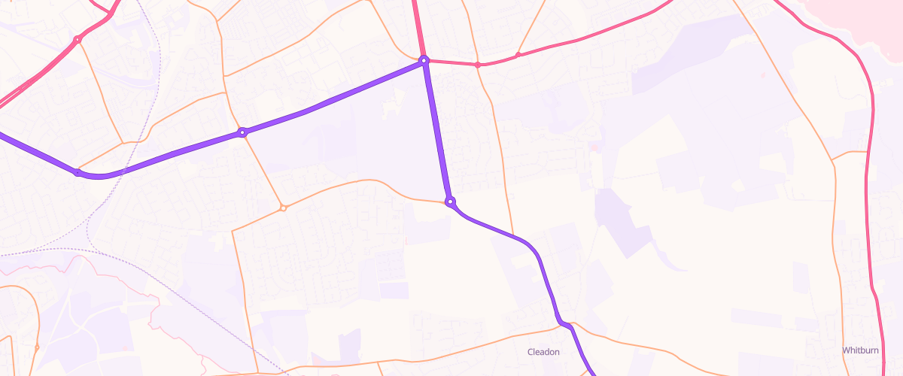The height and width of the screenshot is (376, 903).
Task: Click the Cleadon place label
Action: (x=543, y=352)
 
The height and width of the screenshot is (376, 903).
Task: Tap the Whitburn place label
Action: (x=859, y=350)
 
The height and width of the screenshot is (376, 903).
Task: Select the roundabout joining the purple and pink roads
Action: (x=424, y=60)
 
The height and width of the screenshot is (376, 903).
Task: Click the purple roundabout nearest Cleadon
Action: (x=450, y=202)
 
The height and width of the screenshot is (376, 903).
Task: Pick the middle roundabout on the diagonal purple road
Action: (x=242, y=132)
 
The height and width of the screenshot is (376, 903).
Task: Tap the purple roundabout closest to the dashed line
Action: (x=78, y=172)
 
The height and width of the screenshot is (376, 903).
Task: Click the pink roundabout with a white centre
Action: (x=77, y=39)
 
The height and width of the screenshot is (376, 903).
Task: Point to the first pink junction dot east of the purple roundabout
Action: (x=478, y=65)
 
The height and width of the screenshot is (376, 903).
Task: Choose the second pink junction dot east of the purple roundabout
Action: (x=518, y=55)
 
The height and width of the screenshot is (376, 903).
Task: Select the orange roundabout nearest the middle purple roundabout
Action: (x=283, y=208)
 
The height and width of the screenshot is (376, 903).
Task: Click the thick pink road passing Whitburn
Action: (x=873, y=226)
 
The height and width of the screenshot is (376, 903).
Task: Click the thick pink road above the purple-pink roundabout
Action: (x=416, y=26)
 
